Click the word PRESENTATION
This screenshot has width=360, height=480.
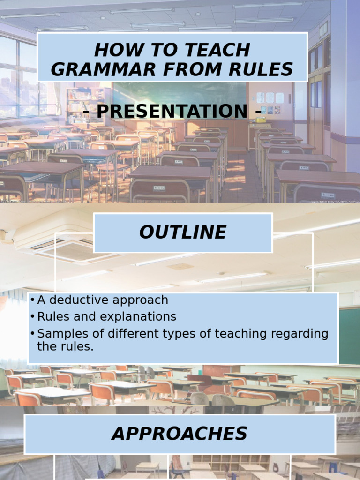click(x=172, y=112)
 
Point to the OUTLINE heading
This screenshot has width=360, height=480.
click(x=183, y=232)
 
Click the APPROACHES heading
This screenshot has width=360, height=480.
click(x=180, y=434)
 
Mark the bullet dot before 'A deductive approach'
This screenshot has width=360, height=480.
click(x=32, y=300)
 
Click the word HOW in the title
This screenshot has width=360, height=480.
click(x=112, y=50)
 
